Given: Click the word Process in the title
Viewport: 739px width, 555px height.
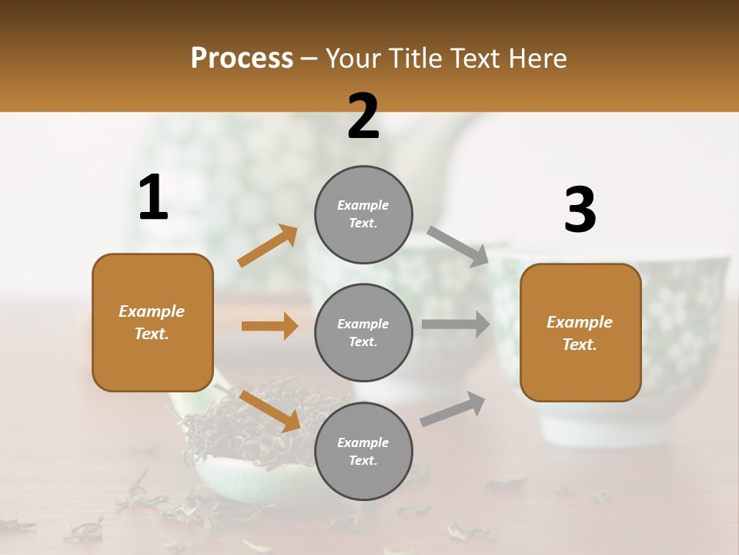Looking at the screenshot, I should (242, 59).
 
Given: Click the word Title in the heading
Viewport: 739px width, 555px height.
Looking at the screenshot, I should (413, 59).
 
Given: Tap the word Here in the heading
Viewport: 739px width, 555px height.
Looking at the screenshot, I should (537, 59).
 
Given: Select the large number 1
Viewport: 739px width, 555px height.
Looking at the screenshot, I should (153, 198).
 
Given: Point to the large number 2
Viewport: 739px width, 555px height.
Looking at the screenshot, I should (363, 116).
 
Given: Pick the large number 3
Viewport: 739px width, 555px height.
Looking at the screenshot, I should (580, 210).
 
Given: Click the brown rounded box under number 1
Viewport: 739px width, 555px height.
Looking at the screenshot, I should (152, 322).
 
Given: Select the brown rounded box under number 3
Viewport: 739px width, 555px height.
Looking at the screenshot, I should (580, 332).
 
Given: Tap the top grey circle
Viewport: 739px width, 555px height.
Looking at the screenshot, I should (363, 214).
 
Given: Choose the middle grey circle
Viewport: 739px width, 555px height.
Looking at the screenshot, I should (363, 332).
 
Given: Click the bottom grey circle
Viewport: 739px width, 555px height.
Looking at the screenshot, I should (363, 451).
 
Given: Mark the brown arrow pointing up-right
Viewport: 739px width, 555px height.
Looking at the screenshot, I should (268, 246).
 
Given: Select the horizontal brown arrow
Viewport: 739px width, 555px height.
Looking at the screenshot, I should (269, 326).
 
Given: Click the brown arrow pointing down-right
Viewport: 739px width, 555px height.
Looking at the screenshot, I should (270, 411).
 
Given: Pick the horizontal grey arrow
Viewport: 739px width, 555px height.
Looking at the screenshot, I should (456, 325).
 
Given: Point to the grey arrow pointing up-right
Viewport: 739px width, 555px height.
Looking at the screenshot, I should (453, 409).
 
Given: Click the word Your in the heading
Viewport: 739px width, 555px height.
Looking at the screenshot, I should (353, 59).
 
